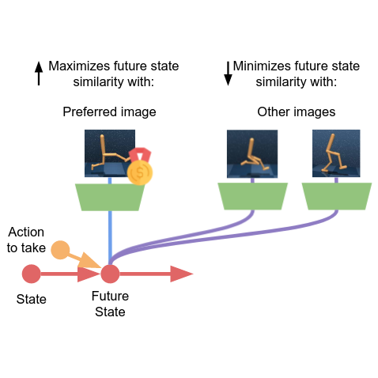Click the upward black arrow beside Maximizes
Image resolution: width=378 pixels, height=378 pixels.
[38, 74]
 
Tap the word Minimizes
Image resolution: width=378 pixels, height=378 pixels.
[266, 66]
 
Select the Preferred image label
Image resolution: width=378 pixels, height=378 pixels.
[109, 112]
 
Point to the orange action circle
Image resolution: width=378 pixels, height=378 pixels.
[60, 251]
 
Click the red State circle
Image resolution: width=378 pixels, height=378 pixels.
[32, 274]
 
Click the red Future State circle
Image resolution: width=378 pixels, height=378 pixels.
[109, 274]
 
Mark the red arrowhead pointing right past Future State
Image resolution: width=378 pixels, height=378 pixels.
[181, 274]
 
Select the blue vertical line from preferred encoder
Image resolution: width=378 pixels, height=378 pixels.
[109, 233]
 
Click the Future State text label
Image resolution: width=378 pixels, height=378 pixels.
[109, 304]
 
